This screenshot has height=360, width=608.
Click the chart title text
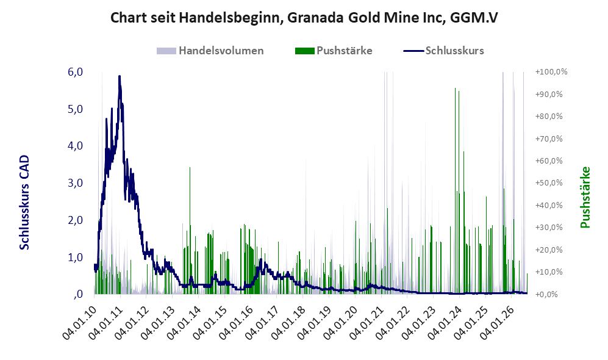coord(304,18)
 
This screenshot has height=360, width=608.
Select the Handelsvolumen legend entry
coord(210,51)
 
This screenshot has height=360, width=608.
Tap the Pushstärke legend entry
coord(334,51)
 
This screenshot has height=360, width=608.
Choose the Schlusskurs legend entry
coord(443,51)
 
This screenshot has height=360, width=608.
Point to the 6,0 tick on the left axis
coord(75,72)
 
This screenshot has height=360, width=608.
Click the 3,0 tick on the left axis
coord(75,183)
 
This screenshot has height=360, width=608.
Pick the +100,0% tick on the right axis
coord(551,72)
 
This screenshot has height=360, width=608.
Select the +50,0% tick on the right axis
coord(549,182)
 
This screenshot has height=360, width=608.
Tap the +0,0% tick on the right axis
coord(546,294)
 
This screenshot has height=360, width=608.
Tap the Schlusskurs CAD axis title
coord(24,202)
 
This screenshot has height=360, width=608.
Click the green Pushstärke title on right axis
coord(585,197)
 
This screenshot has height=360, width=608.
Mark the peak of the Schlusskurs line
coord(120,76)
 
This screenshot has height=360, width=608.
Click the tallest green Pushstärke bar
coord(455,191)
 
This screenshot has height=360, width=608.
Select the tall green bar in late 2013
coord(190,231)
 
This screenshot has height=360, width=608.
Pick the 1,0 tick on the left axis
coord(75,257)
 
